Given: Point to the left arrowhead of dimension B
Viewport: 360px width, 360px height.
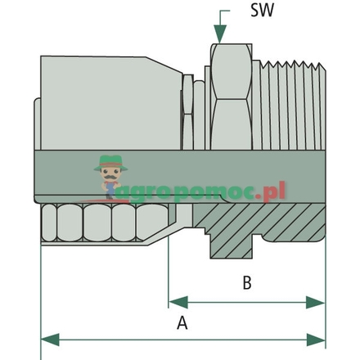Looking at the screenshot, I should click(174, 302).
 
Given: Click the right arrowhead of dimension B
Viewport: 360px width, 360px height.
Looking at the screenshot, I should click(320, 302).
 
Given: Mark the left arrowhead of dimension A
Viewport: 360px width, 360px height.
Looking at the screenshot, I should click(47, 338).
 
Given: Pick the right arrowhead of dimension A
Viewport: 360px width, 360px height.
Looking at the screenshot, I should click(320, 338).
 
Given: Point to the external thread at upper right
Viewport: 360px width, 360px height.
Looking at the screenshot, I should click(281, 98).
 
